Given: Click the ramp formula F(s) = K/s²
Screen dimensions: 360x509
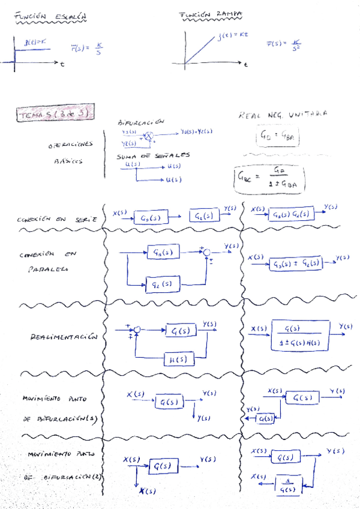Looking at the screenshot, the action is (284, 45).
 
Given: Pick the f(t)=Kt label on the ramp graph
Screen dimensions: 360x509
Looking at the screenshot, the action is (230, 37).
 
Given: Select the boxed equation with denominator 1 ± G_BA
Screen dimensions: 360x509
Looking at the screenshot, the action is (268, 177).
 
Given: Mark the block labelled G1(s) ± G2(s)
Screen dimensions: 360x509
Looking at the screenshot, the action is (295, 262).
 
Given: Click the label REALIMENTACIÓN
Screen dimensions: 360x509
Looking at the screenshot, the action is (62, 338).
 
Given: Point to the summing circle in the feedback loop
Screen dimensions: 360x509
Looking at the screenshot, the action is (136, 330).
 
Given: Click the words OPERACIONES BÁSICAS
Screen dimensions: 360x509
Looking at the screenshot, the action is (70, 153).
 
